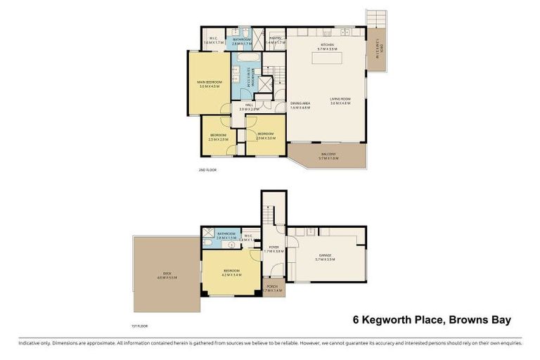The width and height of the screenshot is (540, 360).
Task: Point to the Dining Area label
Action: coord(300,105)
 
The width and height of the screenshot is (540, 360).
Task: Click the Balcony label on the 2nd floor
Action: coord(328,155)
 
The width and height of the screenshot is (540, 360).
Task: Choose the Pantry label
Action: coord(276,41)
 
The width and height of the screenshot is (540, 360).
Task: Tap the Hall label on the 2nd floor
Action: coord(249,107)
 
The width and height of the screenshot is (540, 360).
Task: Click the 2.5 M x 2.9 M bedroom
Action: coord(218,136)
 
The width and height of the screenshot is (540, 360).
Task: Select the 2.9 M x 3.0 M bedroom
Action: coord(265,136)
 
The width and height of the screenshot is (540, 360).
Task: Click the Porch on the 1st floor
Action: coord(271,288)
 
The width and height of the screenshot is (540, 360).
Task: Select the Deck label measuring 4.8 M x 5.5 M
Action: coord(167,275)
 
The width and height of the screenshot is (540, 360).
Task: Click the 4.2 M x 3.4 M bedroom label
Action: coord(231,272)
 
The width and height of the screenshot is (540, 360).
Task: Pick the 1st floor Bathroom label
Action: coord(226,235)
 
